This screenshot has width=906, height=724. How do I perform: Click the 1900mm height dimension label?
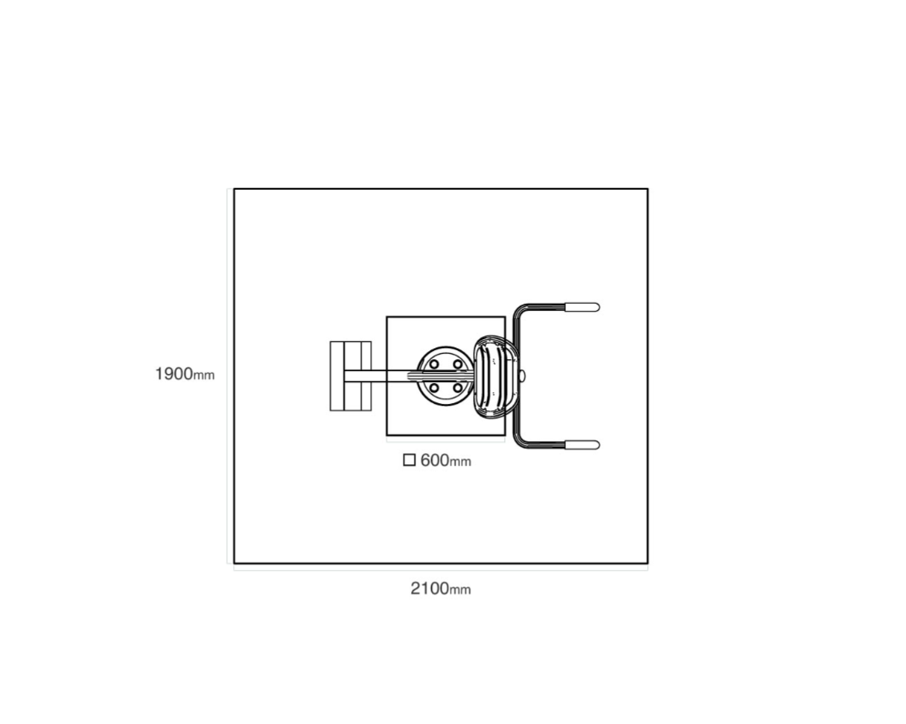185,375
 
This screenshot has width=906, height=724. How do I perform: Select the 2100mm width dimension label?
440,589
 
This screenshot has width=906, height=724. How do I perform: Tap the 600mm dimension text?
446,460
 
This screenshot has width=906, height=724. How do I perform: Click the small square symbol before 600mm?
409,460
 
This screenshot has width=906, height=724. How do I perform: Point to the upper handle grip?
582,306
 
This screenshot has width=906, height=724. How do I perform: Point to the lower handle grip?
582,445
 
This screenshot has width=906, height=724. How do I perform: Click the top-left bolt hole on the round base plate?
434,364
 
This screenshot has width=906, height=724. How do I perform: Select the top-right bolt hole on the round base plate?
457,364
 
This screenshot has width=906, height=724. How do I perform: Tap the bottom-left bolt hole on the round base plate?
434,388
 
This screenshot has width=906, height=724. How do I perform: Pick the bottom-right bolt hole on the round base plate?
457,388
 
